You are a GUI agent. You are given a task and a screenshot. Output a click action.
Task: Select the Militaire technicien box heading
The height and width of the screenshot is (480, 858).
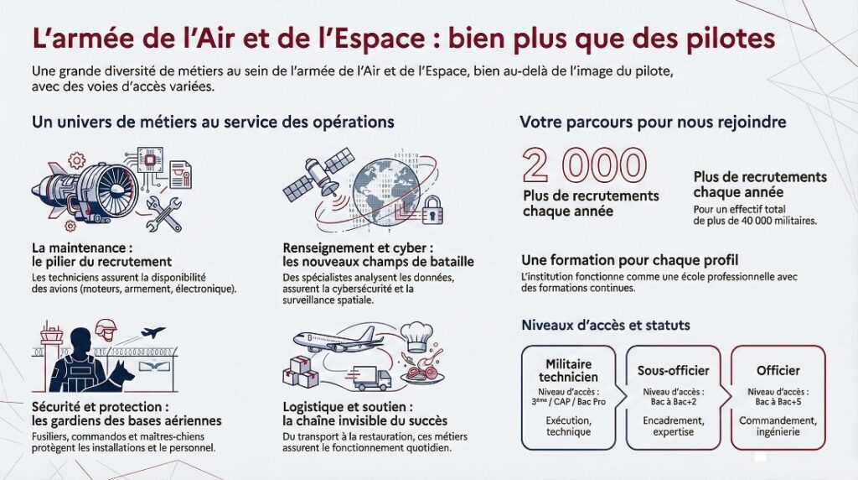[x=568, y=370]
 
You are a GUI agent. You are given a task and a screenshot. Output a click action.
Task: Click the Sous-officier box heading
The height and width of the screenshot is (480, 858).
[x=673, y=370]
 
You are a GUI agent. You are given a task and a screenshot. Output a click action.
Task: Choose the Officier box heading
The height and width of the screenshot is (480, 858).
[x=778, y=370]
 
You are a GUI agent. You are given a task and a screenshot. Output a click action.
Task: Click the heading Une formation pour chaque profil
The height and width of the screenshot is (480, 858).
[x=629, y=259]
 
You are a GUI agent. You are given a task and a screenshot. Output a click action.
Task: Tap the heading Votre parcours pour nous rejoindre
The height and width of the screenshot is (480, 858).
[x=653, y=122]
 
